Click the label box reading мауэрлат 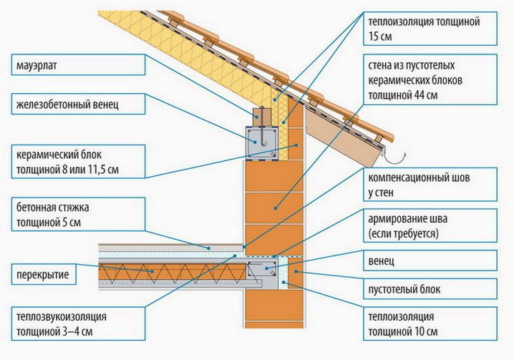(78, 65)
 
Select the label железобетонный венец (78, 104)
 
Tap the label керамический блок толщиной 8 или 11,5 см (78, 162)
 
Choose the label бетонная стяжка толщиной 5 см (78, 215)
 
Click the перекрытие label (44, 274)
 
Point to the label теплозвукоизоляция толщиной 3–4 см (78, 323)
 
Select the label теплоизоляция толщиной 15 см (430, 29)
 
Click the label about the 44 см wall (430, 79)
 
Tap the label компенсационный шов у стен (430, 185)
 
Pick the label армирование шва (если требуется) (430, 225)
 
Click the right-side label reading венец (430, 261)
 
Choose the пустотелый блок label (430, 289)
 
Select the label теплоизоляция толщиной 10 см (430, 323)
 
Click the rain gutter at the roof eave (396, 158)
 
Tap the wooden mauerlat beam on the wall (261, 117)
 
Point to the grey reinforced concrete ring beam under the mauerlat (263, 143)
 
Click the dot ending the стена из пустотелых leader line (276, 208)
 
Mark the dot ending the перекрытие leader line (152, 271)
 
